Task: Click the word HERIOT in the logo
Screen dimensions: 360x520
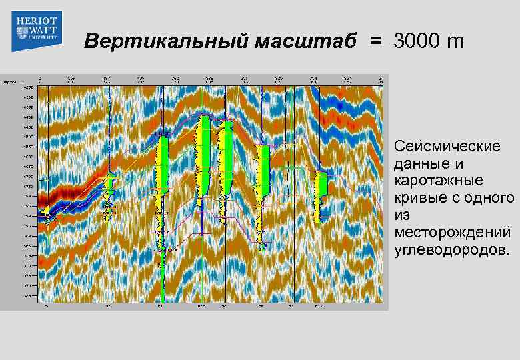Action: click(x=36, y=21)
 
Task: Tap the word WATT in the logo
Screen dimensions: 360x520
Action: click(x=36, y=31)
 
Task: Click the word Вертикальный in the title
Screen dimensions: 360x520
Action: click(x=156, y=42)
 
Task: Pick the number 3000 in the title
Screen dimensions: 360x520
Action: click(x=417, y=42)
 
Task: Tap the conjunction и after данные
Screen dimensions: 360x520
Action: click(x=457, y=163)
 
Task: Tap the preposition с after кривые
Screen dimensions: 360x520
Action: click(x=455, y=198)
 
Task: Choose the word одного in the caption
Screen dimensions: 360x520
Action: click(x=489, y=198)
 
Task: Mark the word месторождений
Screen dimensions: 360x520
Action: click(x=453, y=233)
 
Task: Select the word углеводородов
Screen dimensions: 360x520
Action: click(x=451, y=250)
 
